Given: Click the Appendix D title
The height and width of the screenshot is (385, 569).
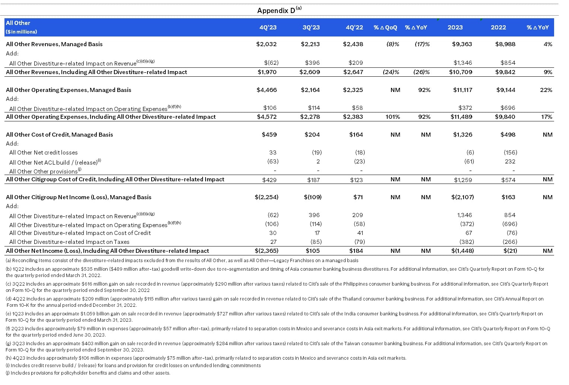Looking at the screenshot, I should pyautogui.click(x=279, y=10).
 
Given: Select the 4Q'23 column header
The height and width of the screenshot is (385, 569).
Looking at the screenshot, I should pyautogui.click(x=268, y=28).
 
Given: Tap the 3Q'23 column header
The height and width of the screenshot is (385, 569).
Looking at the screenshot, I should pyautogui.click(x=311, y=28).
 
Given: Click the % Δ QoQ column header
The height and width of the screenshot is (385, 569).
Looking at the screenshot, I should pyautogui.click(x=385, y=28).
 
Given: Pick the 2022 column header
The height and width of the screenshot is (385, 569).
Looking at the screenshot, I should pyautogui.click(x=498, y=28).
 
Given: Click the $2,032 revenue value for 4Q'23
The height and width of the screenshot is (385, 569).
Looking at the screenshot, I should pyautogui.click(x=266, y=44).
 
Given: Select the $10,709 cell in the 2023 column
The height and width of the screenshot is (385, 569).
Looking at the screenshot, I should pyautogui.click(x=461, y=72).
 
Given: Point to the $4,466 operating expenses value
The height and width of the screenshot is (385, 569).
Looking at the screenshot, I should pyautogui.click(x=266, y=90).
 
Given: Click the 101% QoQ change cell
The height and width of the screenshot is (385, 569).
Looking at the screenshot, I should pyautogui.click(x=392, y=117).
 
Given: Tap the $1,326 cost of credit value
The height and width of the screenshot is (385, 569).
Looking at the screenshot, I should pyautogui.click(x=462, y=135).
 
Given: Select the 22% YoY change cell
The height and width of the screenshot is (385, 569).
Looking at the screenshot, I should pyautogui.click(x=546, y=90).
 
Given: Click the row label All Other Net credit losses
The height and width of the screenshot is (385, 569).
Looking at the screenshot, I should pyautogui.click(x=44, y=153).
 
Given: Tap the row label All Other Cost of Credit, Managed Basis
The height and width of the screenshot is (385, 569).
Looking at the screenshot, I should pyautogui.click(x=60, y=135).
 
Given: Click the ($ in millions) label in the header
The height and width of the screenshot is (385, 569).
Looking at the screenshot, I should pyautogui.click(x=22, y=32).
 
